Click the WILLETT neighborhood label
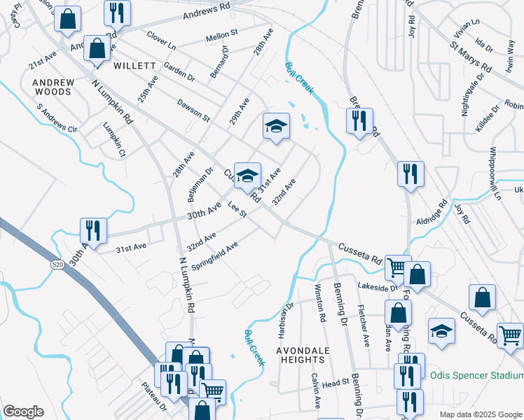(133, 66)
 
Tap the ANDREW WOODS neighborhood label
(53, 87)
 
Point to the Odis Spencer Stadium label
(476, 375)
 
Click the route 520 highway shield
(58, 264)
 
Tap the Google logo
(24, 412)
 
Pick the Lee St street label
(237, 209)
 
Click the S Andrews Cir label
(57, 118)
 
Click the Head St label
(336, 384)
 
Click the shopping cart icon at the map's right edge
(510, 335)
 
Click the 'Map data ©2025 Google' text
(480, 414)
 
